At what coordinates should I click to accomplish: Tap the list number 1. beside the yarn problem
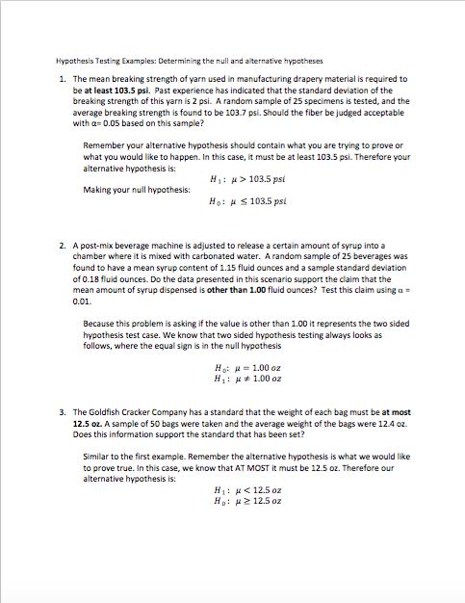62,79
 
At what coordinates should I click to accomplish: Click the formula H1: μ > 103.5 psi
249,178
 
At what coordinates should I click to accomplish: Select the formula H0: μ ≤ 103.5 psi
249,201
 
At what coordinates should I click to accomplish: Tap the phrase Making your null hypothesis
137,190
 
